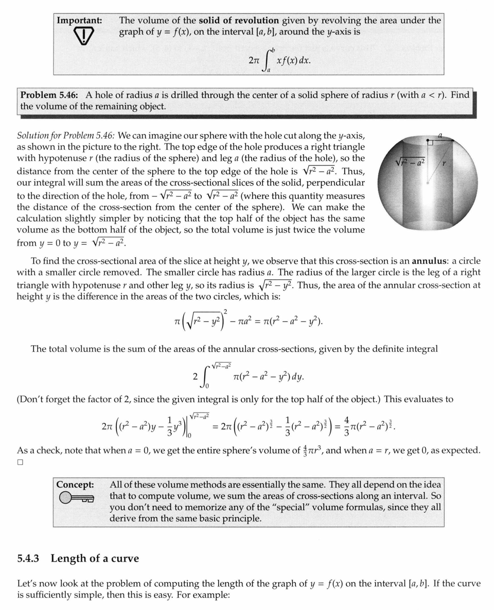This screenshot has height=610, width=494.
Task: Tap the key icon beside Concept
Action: [77, 498]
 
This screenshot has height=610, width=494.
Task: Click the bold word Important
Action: [79, 21]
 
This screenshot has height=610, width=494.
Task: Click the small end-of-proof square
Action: [20, 462]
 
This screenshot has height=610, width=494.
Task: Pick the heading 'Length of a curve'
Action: [95, 558]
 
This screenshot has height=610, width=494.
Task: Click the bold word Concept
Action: [75, 485]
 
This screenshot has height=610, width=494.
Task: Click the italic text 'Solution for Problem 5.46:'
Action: [67, 136]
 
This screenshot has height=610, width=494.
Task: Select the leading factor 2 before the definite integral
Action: [195, 377]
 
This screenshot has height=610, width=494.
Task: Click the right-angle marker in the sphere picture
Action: [430, 142]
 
